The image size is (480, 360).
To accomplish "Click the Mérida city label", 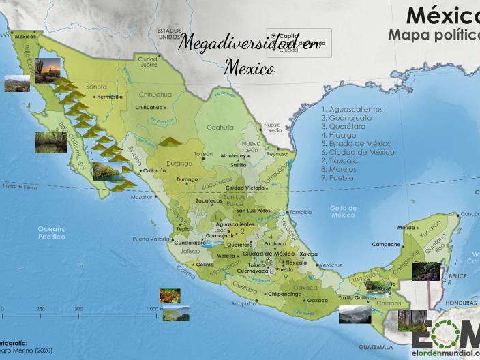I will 407,228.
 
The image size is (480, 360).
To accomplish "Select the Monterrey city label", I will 232,155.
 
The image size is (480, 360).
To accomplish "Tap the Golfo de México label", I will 344,211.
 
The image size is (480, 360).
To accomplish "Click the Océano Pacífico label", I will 52,232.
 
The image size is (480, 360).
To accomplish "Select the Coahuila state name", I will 220,127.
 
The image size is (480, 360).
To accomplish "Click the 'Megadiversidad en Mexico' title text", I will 250,53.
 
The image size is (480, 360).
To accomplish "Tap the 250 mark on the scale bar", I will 40,309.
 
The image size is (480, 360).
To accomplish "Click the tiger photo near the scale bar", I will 170,296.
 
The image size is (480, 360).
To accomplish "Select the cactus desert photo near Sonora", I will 46,70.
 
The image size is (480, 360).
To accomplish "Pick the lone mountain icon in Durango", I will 170,141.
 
